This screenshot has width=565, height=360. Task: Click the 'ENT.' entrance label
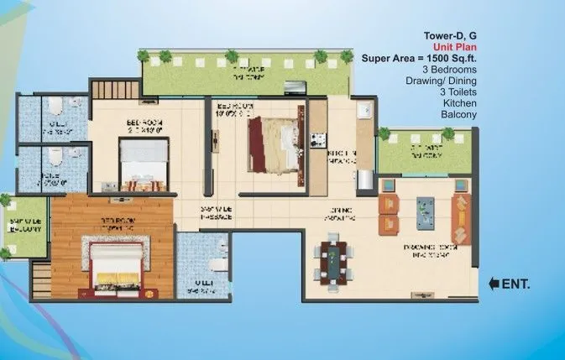point(515,284)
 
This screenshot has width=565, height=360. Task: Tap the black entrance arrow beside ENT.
point(494,284)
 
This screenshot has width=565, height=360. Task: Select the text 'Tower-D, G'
point(449,36)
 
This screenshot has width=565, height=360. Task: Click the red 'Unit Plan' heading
point(455,47)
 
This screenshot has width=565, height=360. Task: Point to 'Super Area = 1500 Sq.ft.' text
point(419,59)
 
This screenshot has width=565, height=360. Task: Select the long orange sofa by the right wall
point(461,215)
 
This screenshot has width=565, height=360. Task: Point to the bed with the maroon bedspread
point(271,140)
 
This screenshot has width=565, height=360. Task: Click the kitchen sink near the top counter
point(364,111)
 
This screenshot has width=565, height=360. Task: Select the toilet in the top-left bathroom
point(53,106)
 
